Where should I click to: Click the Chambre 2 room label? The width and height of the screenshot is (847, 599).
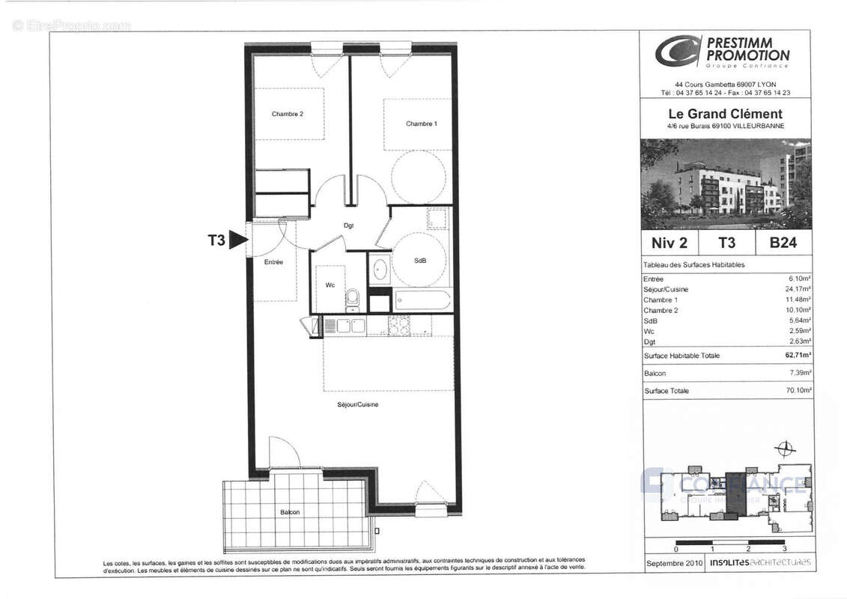tap(287, 115)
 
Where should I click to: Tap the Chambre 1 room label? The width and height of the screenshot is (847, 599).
tap(422, 124)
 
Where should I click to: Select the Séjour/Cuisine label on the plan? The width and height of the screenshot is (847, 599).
tap(357, 405)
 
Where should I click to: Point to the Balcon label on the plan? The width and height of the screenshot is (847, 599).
tap(290, 512)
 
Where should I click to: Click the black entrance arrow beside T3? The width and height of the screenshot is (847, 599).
tap(238, 240)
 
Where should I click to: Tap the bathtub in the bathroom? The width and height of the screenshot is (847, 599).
tap(422, 302)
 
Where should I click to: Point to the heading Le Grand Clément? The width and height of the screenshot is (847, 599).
tap(725, 115)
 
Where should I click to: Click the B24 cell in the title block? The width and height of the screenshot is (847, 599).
tap(783, 243)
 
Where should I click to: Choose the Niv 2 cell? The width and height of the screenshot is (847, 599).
tap(670, 243)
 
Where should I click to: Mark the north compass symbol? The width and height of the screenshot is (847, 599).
tap(785, 450)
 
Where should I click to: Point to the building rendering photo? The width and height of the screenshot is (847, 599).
tap(726, 183)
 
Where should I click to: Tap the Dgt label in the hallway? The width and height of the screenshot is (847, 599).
tap(348, 225)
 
